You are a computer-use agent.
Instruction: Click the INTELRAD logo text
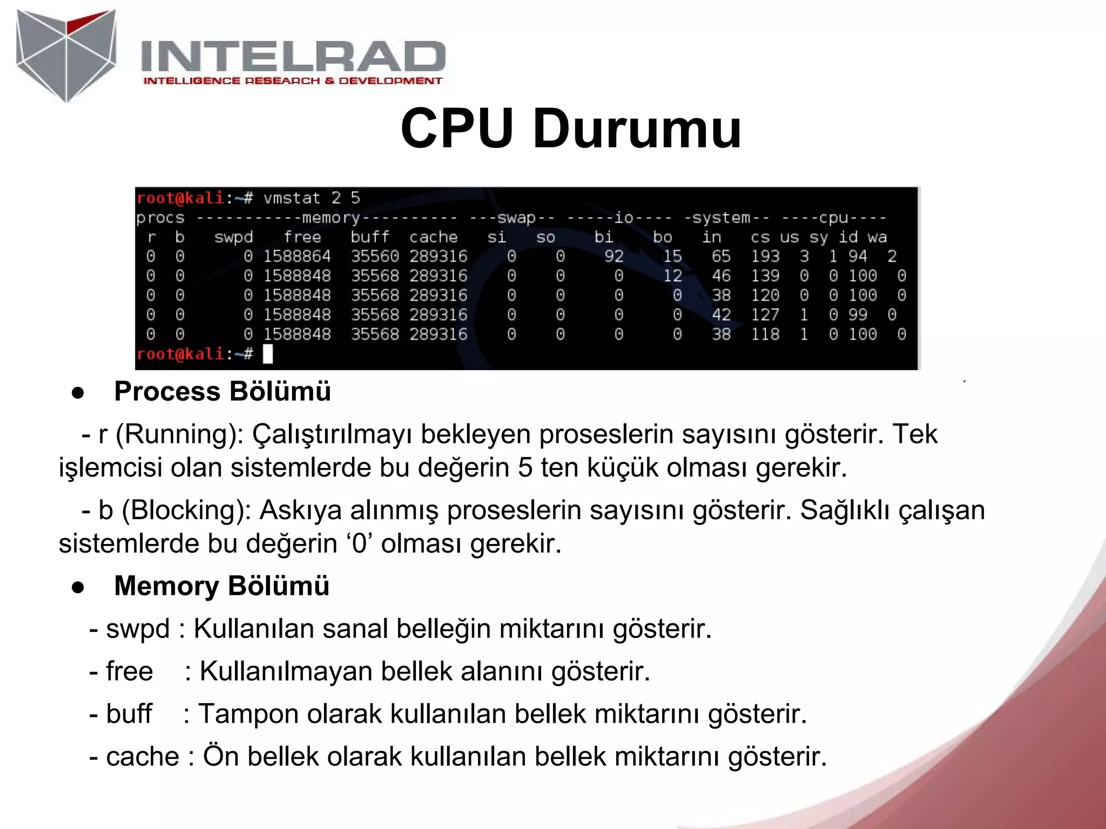click(x=293, y=57)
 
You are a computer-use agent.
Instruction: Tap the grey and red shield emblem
click(x=66, y=55)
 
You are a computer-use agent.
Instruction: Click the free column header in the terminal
click(x=302, y=237)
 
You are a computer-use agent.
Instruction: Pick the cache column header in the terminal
click(x=433, y=237)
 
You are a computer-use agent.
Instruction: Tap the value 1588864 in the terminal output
click(x=296, y=256)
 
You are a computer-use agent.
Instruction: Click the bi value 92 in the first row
click(x=613, y=256)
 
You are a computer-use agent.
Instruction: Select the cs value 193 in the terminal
click(x=765, y=256)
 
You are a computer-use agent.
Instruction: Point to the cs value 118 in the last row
click(x=765, y=334)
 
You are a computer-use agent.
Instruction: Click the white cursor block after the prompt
click(x=268, y=354)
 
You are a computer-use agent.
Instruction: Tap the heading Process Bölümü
click(x=222, y=391)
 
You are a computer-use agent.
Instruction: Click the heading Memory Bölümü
click(x=221, y=586)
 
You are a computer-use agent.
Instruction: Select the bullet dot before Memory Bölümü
click(x=78, y=587)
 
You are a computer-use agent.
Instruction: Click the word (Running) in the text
click(x=180, y=434)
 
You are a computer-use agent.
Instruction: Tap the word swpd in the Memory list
click(x=138, y=629)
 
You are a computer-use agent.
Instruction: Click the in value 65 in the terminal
click(x=720, y=256)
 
